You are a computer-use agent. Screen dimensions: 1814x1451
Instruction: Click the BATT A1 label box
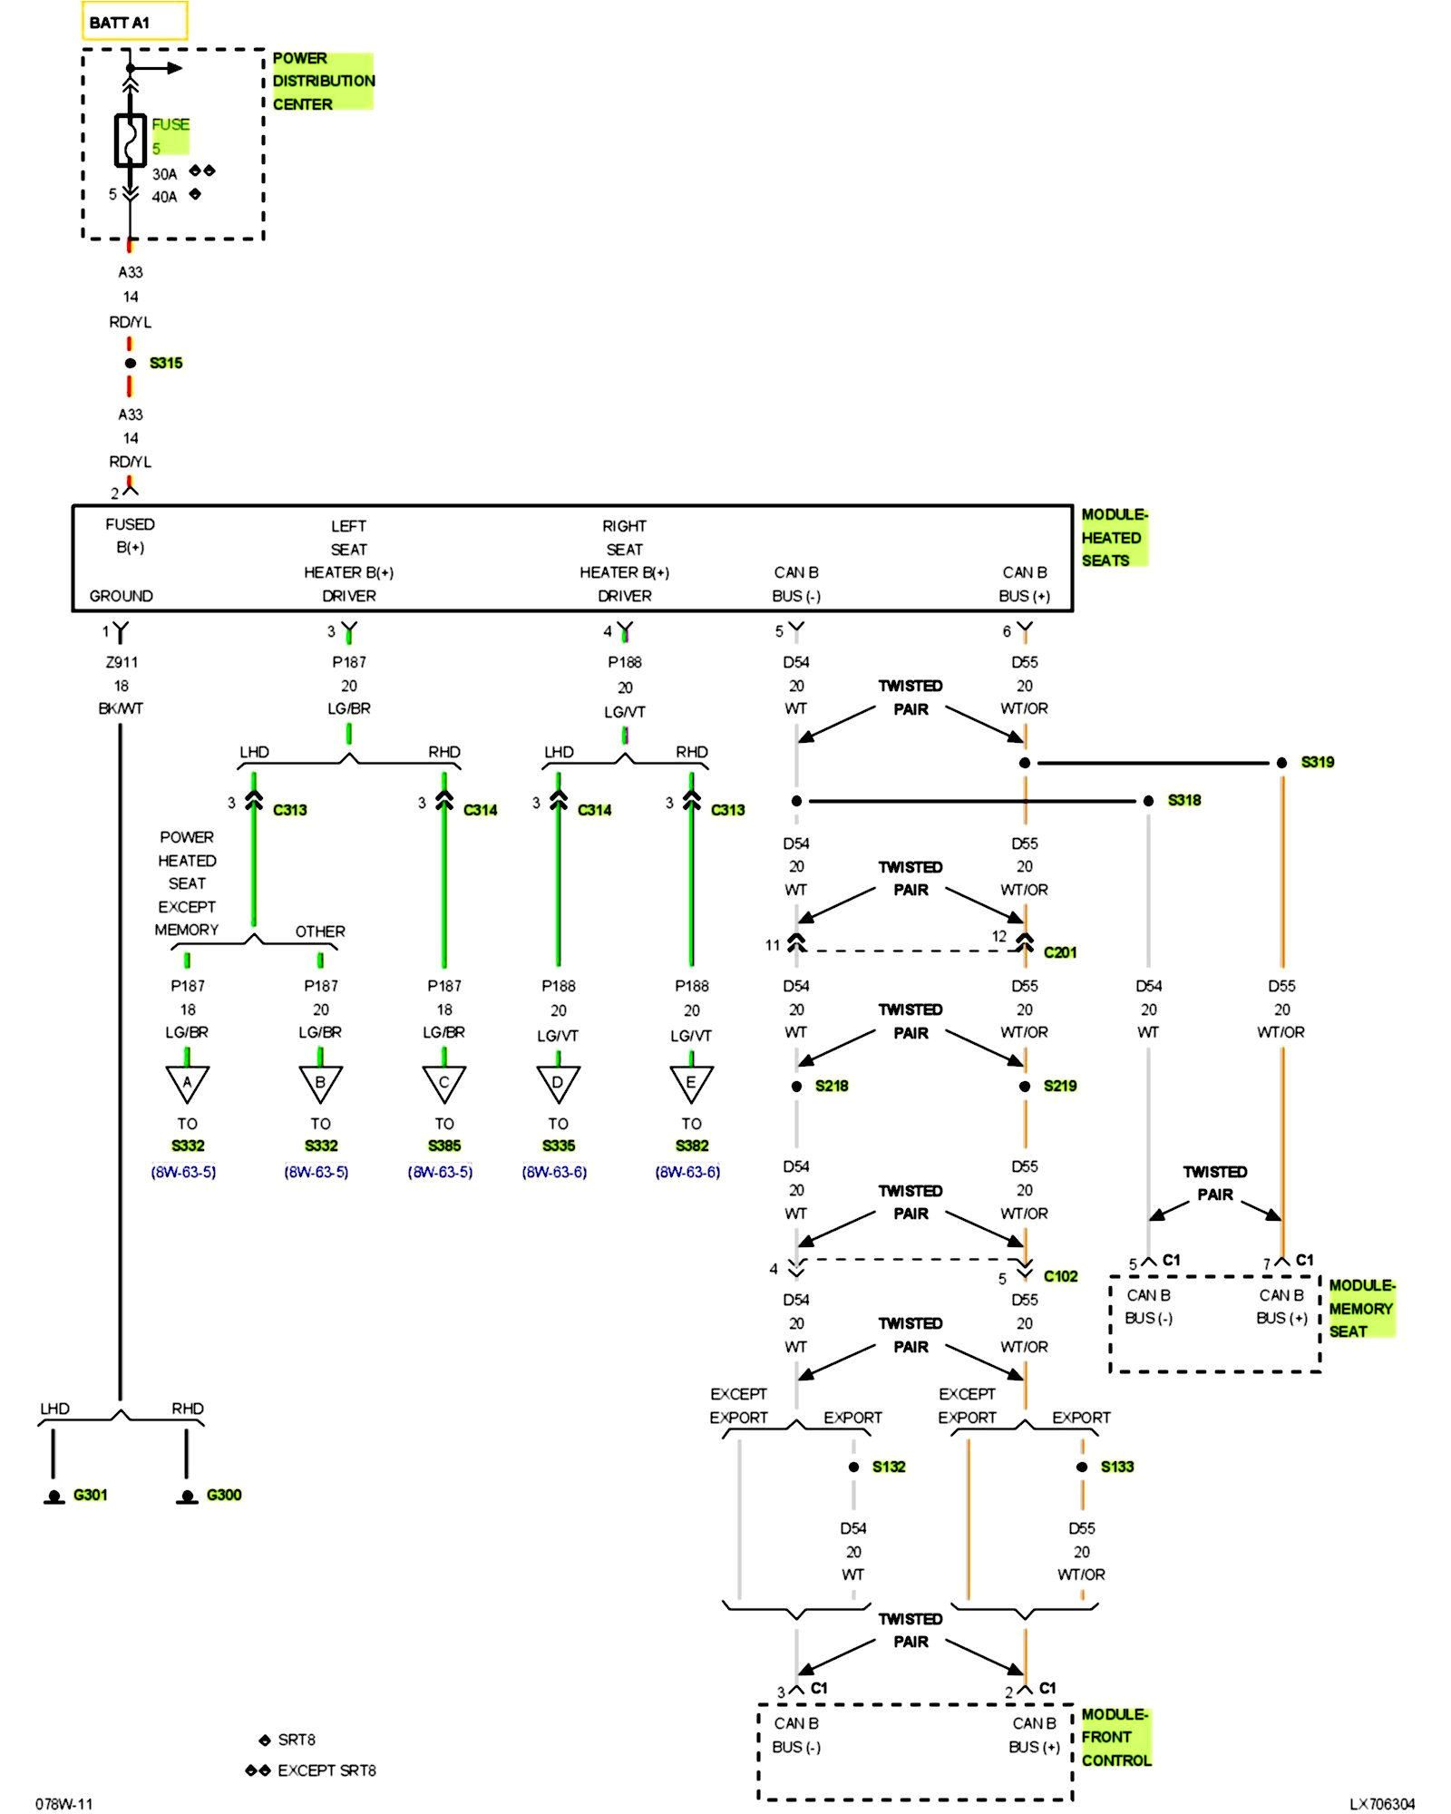(x=134, y=22)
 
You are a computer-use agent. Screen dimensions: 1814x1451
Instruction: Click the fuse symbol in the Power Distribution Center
(x=131, y=141)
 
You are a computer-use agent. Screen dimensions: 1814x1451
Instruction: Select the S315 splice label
(x=166, y=363)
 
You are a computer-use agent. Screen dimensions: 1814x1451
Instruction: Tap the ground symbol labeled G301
(x=54, y=1496)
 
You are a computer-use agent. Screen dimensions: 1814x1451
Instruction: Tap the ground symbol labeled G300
(x=188, y=1496)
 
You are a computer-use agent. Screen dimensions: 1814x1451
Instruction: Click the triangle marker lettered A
(x=188, y=1083)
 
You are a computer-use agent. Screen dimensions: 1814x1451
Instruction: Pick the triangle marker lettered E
(x=691, y=1083)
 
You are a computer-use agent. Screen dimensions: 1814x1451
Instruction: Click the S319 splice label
(x=1317, y=762)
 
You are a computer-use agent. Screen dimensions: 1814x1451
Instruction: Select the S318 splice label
(x=1183, y=800)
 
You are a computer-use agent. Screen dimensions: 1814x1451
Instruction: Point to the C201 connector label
(x=1059, y=952)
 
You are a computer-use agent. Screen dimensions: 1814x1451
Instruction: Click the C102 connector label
(x=1060, y=1276)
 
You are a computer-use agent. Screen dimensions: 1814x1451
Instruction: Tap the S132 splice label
(x=889, y=1467)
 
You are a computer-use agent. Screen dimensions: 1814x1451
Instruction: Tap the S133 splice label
(x=1117, y=1467)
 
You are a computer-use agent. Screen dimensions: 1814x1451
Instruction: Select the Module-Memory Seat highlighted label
(x=1360, y=1308)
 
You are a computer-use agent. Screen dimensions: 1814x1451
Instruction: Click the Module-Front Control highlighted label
(x=1115, y=1737)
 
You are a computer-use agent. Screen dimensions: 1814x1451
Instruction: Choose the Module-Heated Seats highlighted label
(x=1114, y=537)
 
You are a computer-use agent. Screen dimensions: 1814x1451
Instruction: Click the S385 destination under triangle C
(x=444, y=1146)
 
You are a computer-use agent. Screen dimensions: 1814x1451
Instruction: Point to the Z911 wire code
(x=122, y=662)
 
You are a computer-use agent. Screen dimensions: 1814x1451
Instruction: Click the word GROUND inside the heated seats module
(x=121, y=596)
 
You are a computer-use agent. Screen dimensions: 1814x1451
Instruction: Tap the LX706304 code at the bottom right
(x=1381, y=1804)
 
